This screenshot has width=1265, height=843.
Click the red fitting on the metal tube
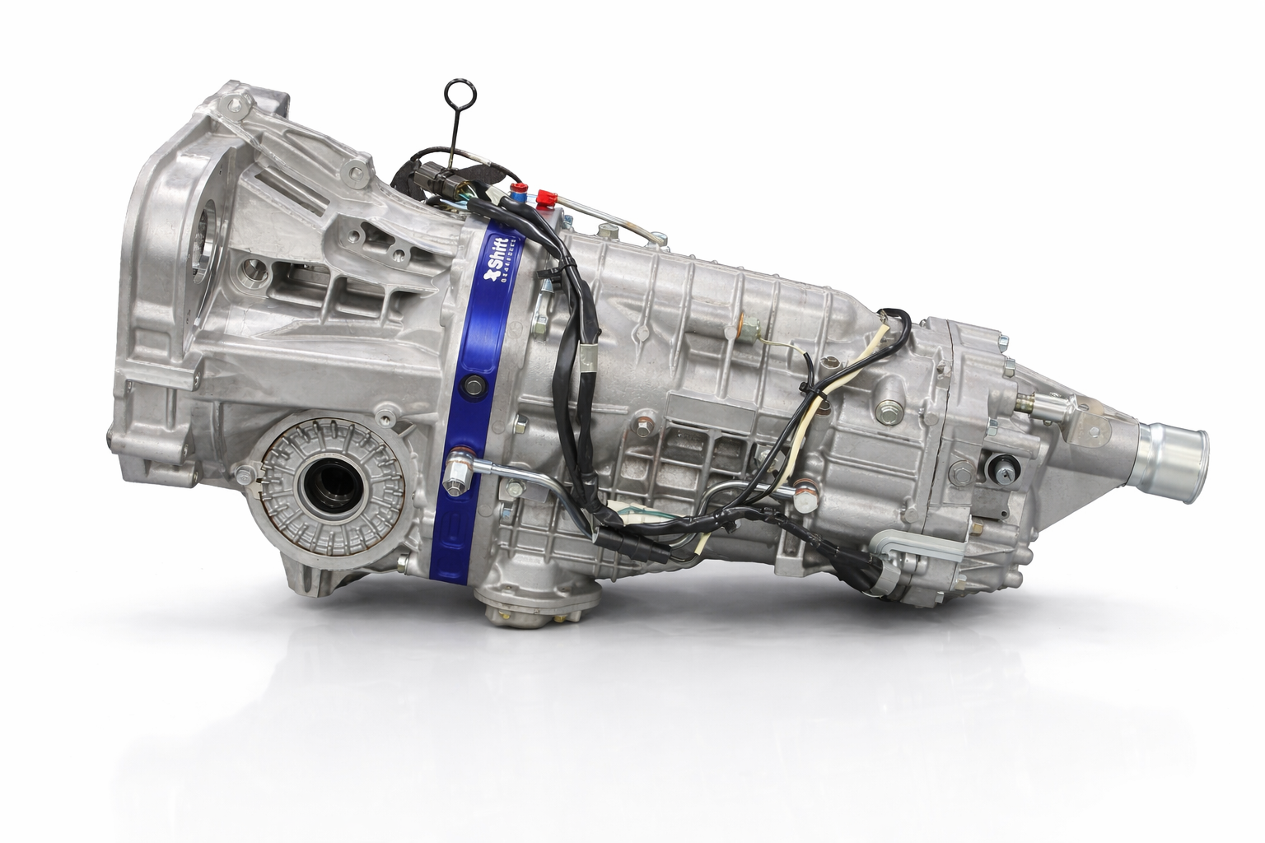point(543,198)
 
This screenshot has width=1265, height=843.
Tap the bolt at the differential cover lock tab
point(245,476)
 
